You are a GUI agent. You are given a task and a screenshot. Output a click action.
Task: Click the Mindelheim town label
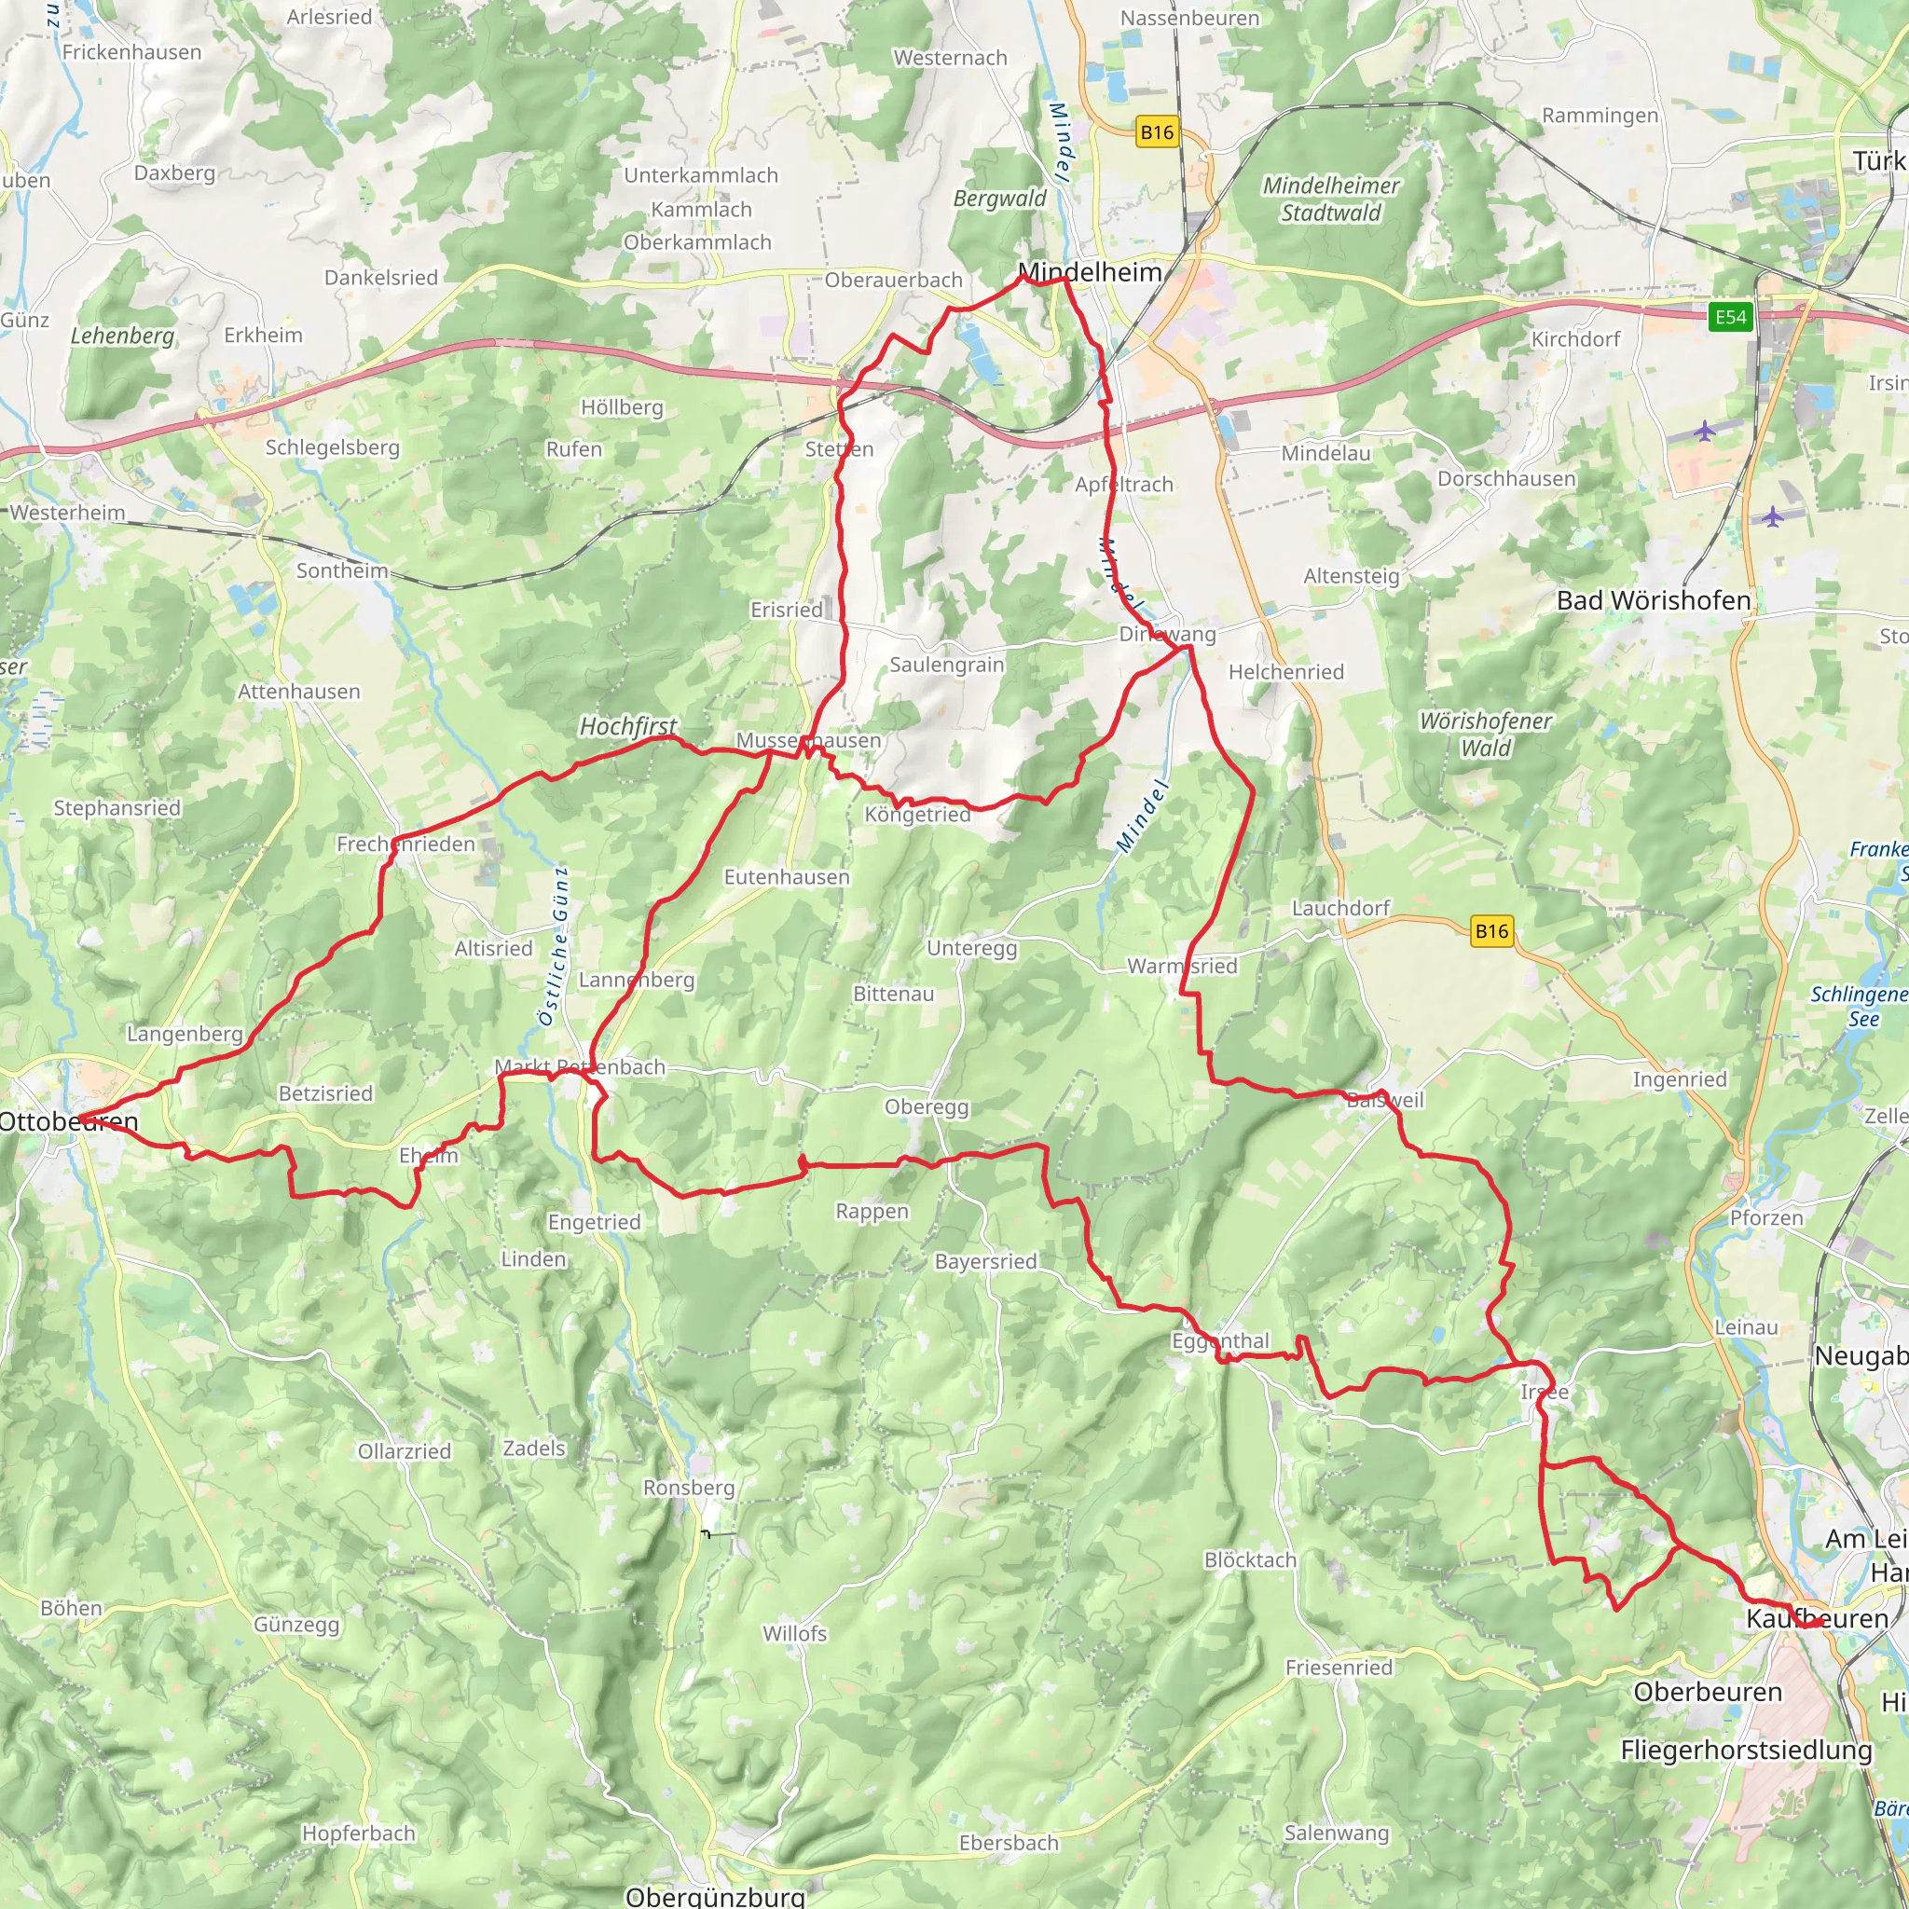click(1090, 272)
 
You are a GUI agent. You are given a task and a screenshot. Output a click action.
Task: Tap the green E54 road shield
click(1730, 317)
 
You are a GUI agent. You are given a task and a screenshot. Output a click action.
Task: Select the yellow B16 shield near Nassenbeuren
click(1157, 132)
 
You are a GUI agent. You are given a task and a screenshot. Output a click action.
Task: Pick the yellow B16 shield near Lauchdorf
click(1491, 931)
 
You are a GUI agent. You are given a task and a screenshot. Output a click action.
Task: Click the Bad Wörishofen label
click(1653, 601)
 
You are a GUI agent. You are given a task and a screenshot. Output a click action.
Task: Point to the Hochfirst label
click(627, 726)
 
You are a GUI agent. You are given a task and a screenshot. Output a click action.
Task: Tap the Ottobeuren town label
click(68, 1121)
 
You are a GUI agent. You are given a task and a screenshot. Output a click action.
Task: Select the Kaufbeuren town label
click(1817, 1618)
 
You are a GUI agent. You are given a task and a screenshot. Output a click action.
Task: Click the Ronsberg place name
click(689, 1488)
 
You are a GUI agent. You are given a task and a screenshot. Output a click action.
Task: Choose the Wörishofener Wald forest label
click(1485, 735)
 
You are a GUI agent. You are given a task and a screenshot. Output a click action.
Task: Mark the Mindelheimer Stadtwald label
click(1331, 199)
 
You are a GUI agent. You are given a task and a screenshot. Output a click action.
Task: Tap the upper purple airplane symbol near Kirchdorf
click(1705, 432)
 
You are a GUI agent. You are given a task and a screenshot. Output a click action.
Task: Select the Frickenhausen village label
click(131, 52)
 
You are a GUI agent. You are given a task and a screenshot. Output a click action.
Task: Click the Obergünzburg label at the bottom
click(715, 1896)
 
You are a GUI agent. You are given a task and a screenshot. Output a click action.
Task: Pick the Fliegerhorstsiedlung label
click(1746, 1750)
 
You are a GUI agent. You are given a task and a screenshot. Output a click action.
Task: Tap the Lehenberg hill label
click(121, 336)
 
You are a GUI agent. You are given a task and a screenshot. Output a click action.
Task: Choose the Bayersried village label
click(985, 1262)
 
